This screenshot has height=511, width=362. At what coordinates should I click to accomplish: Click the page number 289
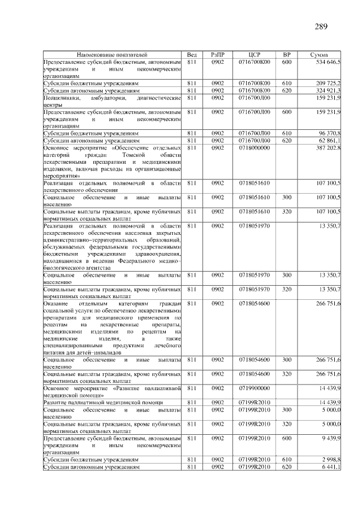321,27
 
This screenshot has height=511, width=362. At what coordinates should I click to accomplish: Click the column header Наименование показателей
112,54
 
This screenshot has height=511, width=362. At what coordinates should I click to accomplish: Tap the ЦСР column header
254,54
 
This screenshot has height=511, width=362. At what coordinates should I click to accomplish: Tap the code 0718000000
254,147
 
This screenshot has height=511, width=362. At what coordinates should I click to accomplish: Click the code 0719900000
254,388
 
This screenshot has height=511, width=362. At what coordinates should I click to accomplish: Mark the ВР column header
286,54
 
